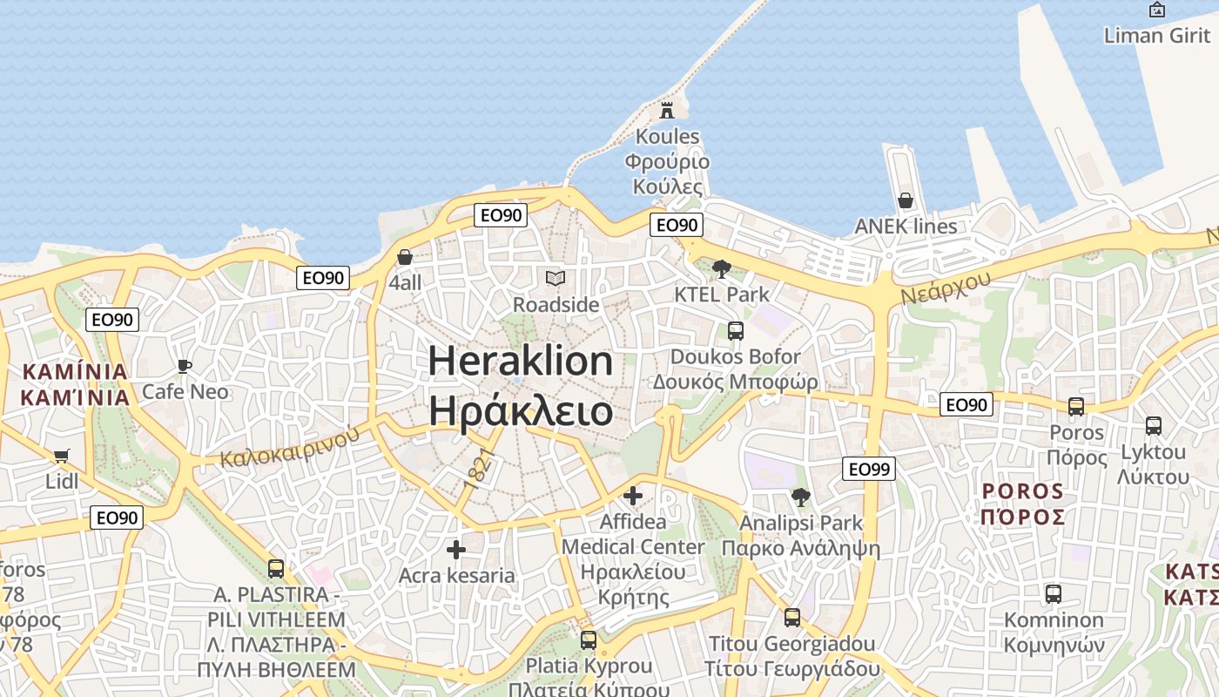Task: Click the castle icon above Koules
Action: point(667,110)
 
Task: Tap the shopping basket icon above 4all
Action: point(405,257)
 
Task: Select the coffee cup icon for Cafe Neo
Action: point(184,366)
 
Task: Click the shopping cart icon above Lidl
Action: point(61,456)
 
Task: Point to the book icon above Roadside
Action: point(556,279)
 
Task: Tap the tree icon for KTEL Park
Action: point(721,268)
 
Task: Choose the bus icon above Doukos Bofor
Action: point(736,331)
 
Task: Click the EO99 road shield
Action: point(869,470)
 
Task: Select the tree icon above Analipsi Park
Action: point(800,497)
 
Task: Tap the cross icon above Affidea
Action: point(633,496)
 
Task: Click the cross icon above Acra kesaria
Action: point(456,550)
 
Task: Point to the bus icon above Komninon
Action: point(1054,594)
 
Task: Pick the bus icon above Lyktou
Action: point(1154,426)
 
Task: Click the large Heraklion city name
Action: point(521,361)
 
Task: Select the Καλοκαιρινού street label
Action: point(289,445)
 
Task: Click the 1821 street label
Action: point(479,469)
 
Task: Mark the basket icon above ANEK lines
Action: point(906,200)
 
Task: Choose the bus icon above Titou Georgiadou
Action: point(792,618)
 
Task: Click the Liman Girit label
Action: point(1157,36)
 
